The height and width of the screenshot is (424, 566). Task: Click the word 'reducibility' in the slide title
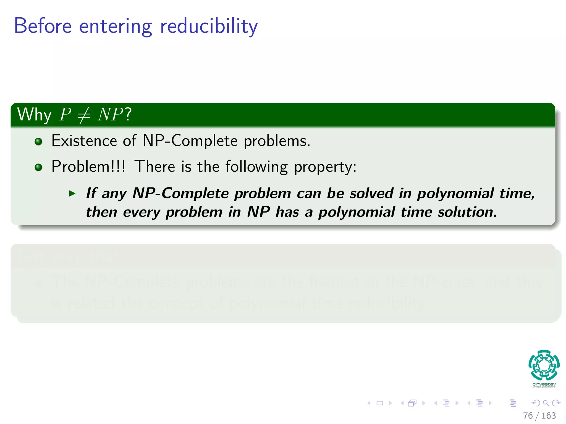pos(209,26)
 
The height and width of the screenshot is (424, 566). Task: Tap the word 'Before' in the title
pos(43,26)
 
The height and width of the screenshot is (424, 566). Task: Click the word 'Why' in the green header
pos(34,115)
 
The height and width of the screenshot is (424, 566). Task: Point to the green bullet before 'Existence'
pos(38,142)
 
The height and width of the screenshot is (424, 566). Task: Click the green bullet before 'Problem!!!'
pos(38,167)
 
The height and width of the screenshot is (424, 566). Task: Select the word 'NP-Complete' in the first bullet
pos(190,141)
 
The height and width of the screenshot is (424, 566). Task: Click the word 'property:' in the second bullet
pos(325,167)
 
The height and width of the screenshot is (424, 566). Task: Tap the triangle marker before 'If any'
pos(72,194)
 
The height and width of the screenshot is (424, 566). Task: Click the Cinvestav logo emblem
pos(544,365)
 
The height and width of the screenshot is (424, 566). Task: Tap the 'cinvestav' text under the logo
pos(544,384)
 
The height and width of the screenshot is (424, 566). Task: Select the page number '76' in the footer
pos(528,416)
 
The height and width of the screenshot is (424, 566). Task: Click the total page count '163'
pos(548,416)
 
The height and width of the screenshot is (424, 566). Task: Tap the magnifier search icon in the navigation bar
pos(546,403)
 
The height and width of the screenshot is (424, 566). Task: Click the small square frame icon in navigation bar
pos(379,403)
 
